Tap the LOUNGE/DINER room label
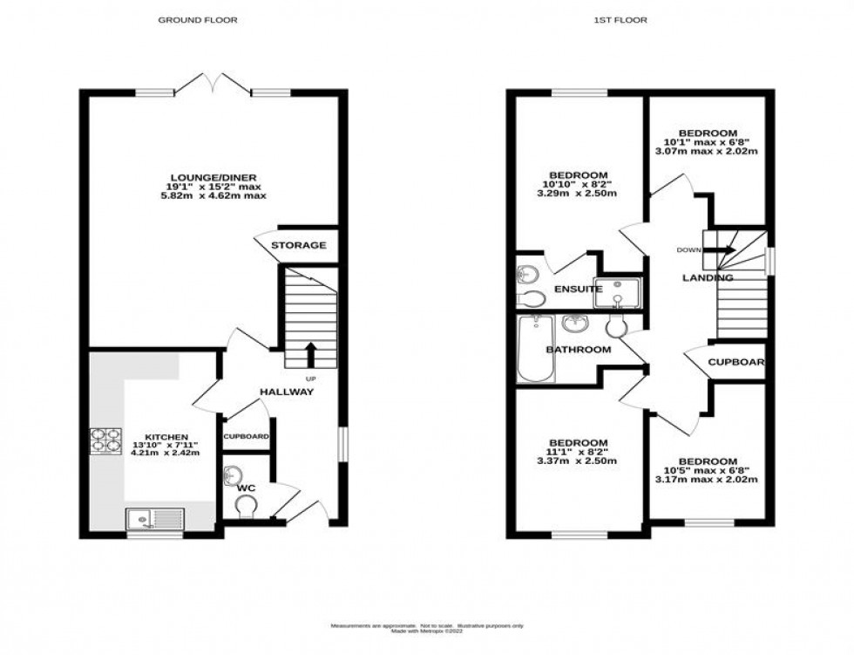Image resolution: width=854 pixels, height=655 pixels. (213, 178)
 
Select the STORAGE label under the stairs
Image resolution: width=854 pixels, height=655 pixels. (298, 246)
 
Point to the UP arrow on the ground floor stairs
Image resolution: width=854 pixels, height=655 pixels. (309, 354)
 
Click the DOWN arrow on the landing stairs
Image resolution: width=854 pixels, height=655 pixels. (719, 250)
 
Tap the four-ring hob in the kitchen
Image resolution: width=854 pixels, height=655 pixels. (105, 440)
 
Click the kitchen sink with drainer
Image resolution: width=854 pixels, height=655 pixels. (154, 519)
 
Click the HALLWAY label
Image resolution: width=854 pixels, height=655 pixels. (287, 392)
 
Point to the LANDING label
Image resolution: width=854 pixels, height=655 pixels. (708, 278)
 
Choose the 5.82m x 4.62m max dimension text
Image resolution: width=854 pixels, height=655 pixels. (213, 196)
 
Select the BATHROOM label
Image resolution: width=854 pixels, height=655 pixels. (578, 350)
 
